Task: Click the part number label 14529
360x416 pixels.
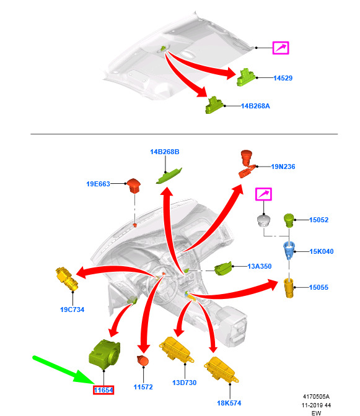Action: [x=283, y=78]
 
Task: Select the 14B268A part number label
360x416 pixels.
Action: [x=255, y=106]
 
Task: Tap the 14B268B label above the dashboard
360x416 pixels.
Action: [x=165, y=152]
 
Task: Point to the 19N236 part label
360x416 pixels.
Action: [x=283, y=167]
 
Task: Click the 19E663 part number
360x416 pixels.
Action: [x=98, y=184]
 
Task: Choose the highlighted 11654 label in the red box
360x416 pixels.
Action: [x=103, y=390]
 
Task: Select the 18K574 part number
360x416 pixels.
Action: [x=229, y=403]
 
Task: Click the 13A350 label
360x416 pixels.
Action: [x=260, y=266]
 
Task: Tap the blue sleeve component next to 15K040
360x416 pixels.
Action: [x=289, y=249]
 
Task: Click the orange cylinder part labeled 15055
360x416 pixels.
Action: [x=289, y=288]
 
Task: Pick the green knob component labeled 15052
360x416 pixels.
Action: [x=289, y=220]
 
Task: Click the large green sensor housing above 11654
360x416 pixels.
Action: [x=104, y=354]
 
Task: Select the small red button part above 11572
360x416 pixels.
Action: [x=143, y=360]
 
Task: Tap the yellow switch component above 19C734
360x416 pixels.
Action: [x=67, y=279]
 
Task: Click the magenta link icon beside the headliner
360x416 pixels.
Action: [x=281, y=48]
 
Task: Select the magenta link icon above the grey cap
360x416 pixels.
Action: [x=263, y=194]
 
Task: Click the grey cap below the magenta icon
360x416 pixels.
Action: [x=263, y=221]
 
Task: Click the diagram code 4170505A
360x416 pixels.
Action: [x=316, y=396]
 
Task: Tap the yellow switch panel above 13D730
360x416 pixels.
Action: [x=177, y=350]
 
